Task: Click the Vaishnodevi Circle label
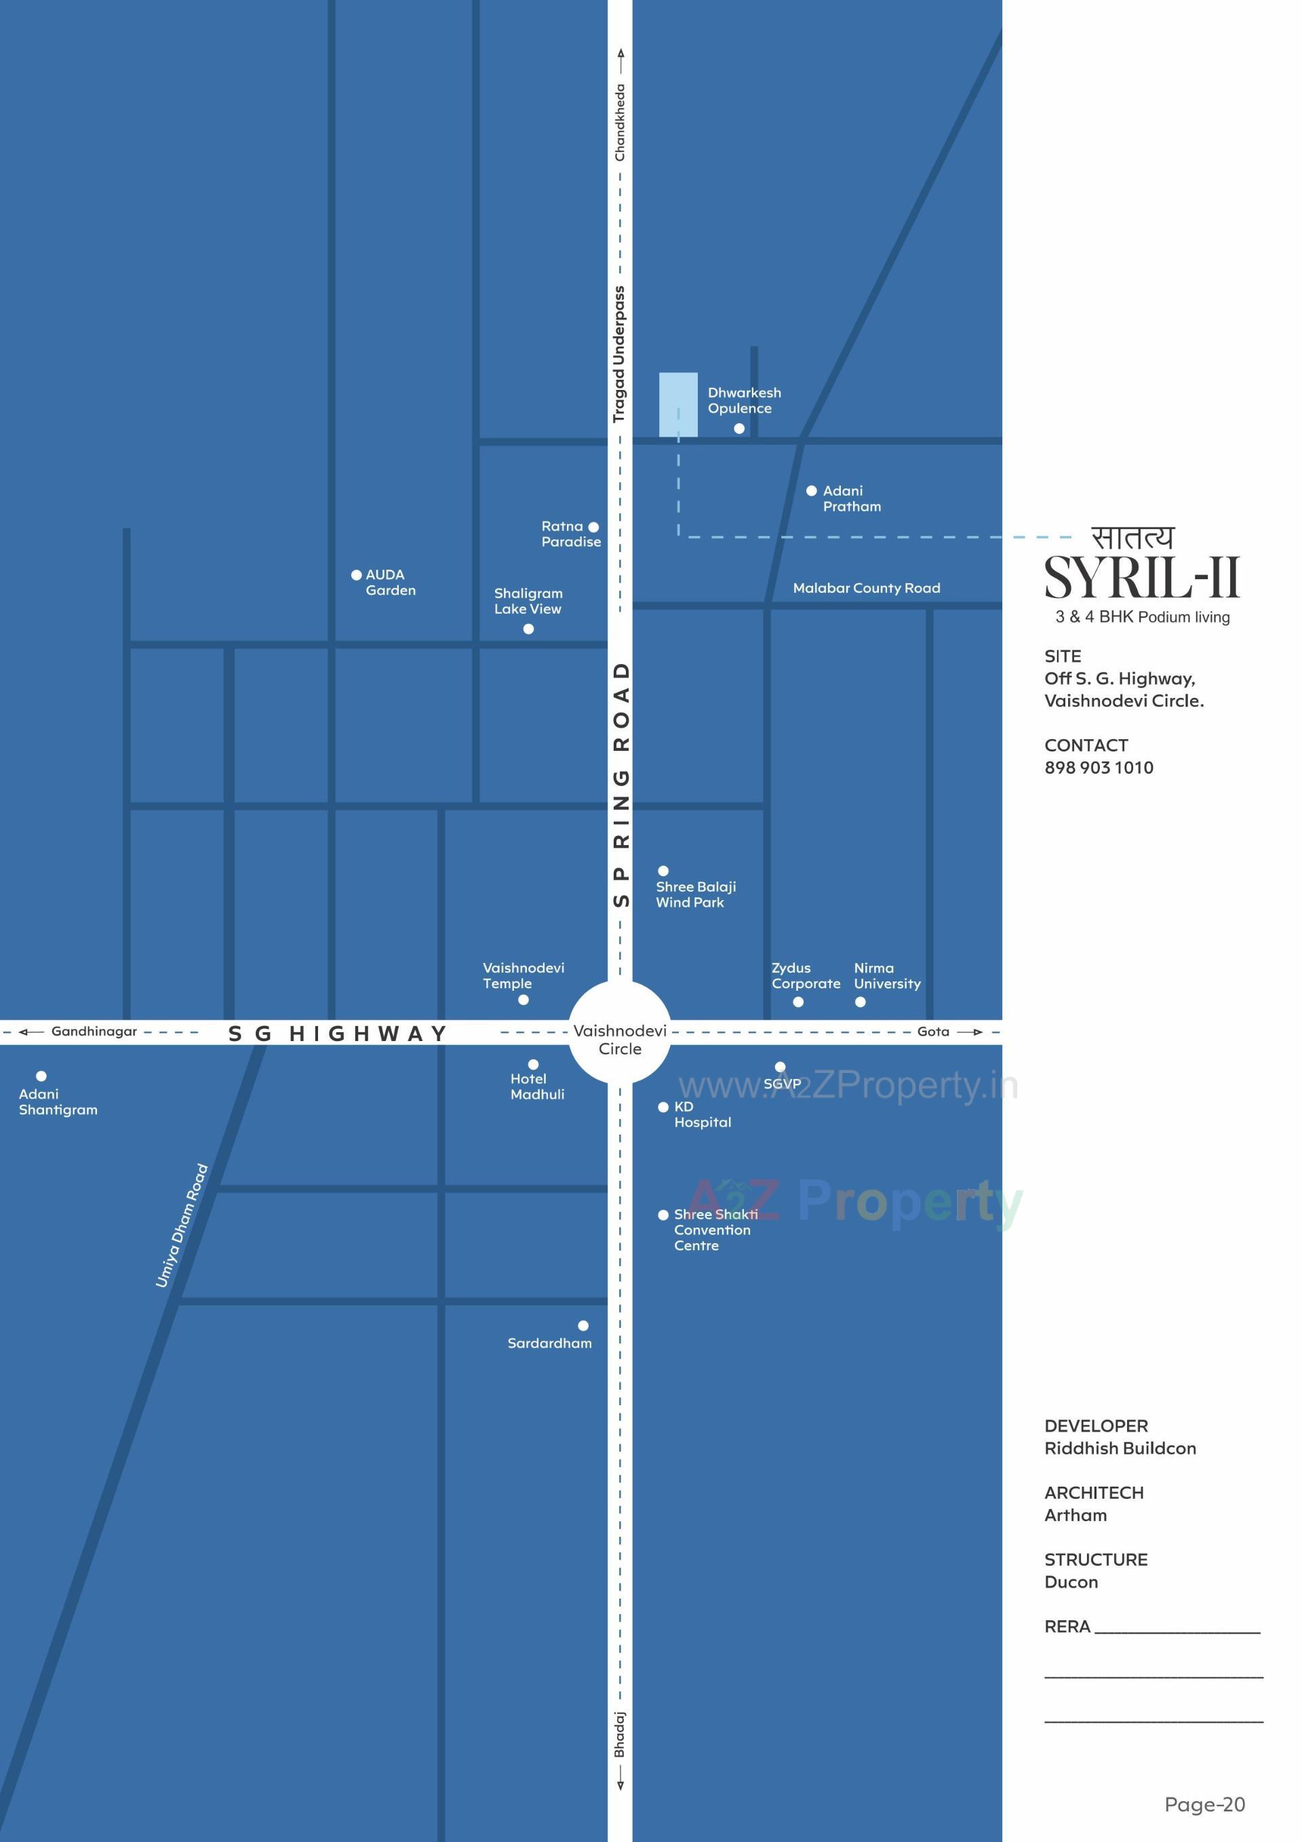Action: coord(619,1039)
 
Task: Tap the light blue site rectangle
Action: coord(678,404)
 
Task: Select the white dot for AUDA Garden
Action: coord(356,574)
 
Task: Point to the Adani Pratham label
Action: coord(851,498)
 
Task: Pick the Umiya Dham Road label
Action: coord(182,1225)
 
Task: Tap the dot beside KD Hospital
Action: coord(663,1107)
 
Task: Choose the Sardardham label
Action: coord(549,1343)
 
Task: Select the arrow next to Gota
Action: coord(970,1032)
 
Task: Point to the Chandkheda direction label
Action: coord(619,122)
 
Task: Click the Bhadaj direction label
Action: coord(619,1733)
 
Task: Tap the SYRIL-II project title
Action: coord(1141,578)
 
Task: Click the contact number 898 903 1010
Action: coord(1099,768)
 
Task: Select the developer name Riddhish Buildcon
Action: coord(1119,1448)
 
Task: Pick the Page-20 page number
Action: coord(1204,1804)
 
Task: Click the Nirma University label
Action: coord(886,975)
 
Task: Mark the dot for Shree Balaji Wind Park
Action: coord(663,870)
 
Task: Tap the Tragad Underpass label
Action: coord(618,354)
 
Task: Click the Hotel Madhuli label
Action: coord(536,1086)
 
